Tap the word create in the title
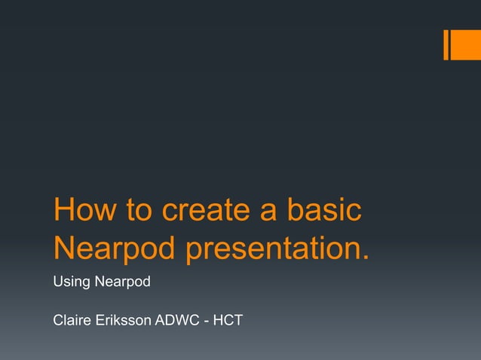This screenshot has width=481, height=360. [206, 212]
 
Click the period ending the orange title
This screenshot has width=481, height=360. [366, 259]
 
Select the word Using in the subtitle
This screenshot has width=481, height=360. [70, 282]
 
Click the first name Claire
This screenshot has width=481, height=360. [73, 321]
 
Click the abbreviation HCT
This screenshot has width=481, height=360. [228, 321]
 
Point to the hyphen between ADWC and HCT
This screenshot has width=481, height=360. [206, 322]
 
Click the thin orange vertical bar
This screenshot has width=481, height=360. [446, 44]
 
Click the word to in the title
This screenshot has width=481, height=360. [138, 212]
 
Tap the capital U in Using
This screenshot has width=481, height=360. [57, 282]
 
